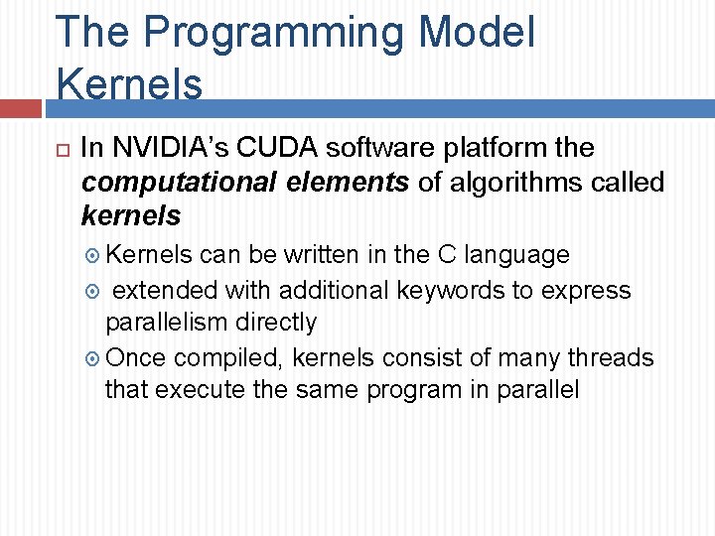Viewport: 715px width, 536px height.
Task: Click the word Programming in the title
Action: coord(275,33)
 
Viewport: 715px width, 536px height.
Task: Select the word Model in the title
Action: coord(477,33)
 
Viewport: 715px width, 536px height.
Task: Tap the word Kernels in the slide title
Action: coord(129,84)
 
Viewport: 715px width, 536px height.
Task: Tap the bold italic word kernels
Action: coord(131,215)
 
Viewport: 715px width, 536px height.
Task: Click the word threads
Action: coord(613,357)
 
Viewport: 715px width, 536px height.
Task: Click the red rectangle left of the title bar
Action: coord(20,108)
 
